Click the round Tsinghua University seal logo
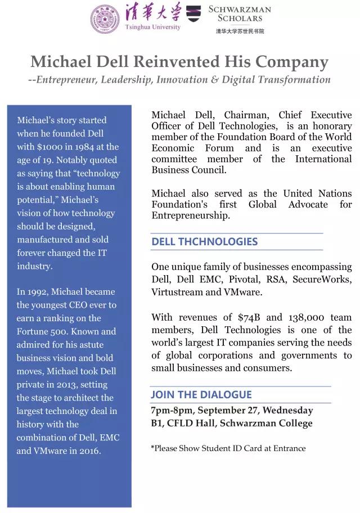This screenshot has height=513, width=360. coord(105,18)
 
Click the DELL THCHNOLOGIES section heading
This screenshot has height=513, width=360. coord(204,241)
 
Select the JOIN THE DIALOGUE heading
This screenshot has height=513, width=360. coord(201,394)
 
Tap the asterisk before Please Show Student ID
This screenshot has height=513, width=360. coord(152,448)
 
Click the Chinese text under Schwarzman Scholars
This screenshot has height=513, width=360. coord(240,31)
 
